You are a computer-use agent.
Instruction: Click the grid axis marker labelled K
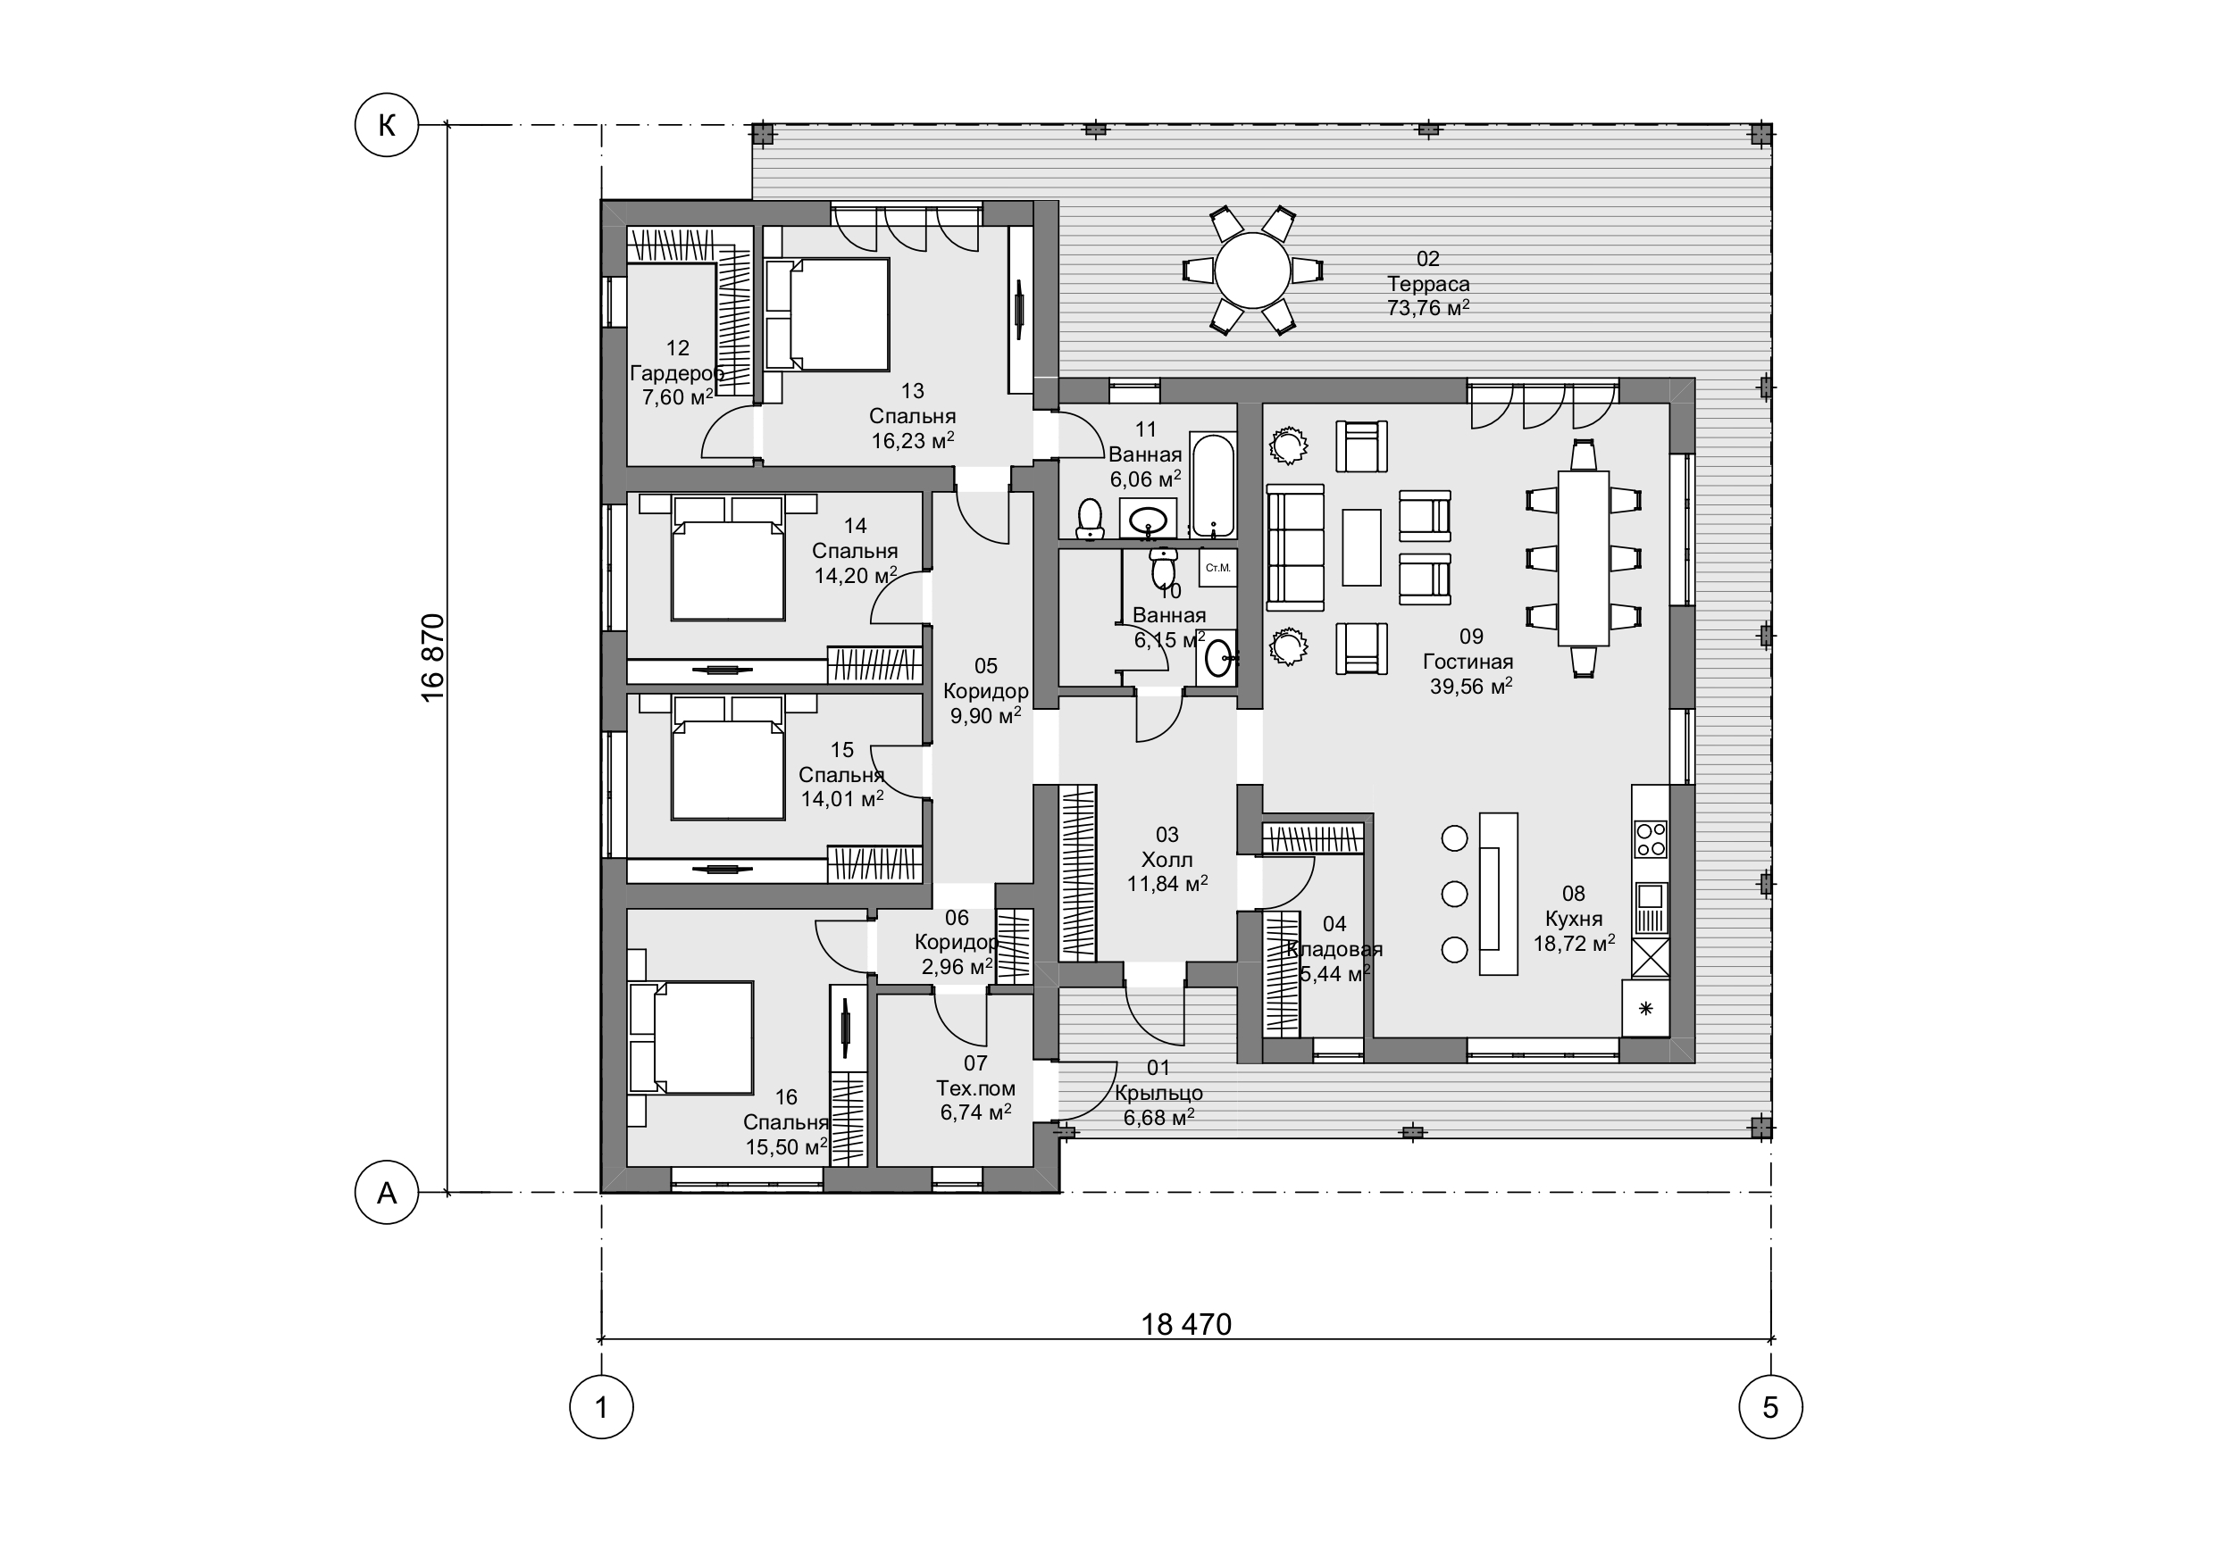387,124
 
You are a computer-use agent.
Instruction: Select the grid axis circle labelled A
387,1193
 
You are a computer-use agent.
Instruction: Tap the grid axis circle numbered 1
601,1407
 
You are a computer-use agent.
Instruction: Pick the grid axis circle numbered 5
1770,1407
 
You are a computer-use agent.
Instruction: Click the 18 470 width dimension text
1186,1324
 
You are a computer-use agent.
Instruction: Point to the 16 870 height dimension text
433,658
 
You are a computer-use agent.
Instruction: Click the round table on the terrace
1253,271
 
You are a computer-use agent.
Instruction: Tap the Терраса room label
1428,284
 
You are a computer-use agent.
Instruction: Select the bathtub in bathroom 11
1213,487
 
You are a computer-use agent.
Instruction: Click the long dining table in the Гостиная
1584,558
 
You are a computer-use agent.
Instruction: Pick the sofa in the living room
1295,547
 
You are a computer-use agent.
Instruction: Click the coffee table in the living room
1362,547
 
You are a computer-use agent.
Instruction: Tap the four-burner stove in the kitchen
1651,838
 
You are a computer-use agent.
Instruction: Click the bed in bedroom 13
828,313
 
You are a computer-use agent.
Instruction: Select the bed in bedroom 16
691,1037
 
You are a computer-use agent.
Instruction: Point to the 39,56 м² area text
1471,686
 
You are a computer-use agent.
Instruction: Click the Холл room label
1167,859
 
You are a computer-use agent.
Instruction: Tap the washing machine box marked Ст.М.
1218,567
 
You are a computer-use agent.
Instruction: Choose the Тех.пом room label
975,1087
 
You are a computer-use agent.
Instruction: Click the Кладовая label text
1334,948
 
